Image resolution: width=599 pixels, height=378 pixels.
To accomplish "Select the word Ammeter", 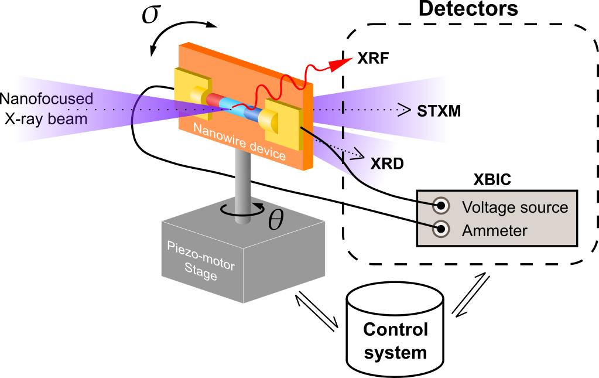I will [495, 230].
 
